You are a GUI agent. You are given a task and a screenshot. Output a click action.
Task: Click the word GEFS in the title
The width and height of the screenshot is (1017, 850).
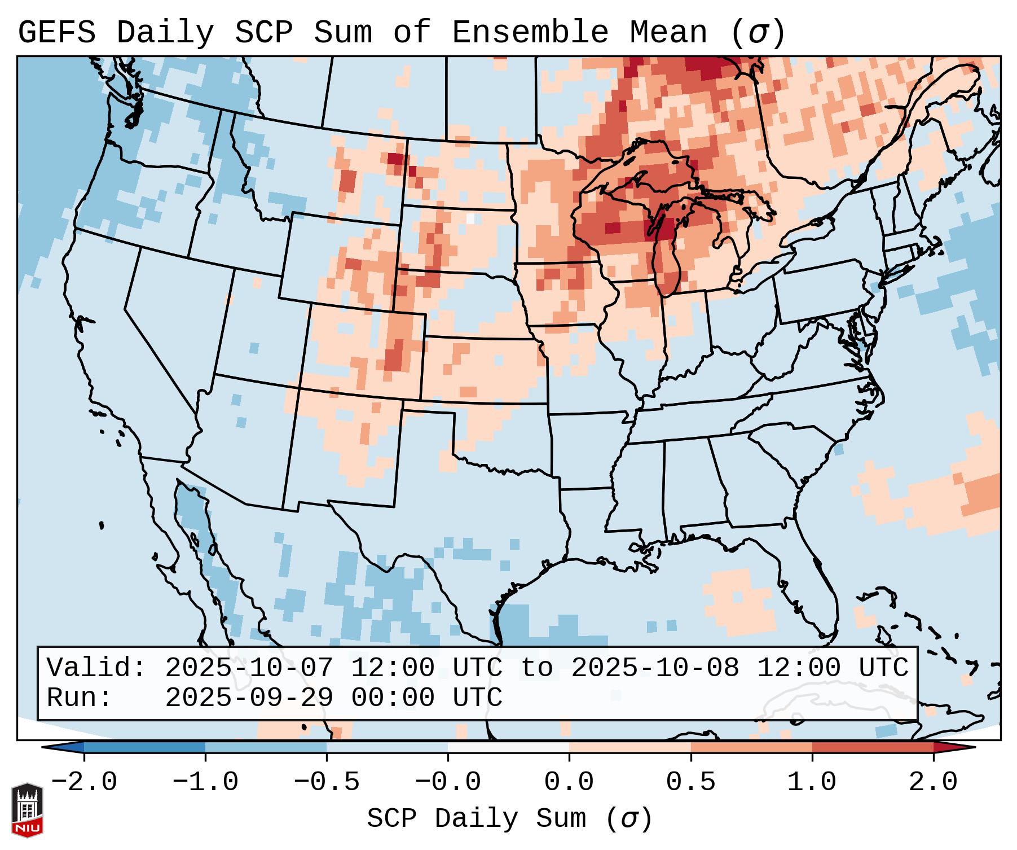56,33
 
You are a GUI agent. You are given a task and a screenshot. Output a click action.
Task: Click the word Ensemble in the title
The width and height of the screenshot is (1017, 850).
530,33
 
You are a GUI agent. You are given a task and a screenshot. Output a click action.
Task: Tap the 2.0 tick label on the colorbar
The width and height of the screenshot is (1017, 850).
933,782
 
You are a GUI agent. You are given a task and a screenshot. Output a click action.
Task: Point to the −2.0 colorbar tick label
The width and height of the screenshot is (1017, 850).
84,782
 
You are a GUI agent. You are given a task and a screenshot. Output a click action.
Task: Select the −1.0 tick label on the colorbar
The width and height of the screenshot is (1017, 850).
205,782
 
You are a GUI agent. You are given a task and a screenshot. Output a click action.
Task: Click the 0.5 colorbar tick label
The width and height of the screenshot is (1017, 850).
690,782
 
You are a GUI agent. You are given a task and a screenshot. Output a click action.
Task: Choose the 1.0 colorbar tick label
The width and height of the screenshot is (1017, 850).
812,782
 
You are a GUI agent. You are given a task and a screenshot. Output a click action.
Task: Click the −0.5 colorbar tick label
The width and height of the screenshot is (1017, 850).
327,782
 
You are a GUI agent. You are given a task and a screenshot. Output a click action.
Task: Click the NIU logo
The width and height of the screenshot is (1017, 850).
27,810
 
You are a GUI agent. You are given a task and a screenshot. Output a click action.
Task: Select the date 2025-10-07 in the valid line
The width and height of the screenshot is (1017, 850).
249,668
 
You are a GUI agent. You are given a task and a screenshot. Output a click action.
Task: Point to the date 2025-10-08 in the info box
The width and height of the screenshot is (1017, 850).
655,668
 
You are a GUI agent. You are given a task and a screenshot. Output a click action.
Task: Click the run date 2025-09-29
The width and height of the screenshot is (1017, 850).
249,698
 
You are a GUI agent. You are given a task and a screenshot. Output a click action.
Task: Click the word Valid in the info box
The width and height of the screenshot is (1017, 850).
96,668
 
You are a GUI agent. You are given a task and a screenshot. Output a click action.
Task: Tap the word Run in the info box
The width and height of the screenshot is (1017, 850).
79,698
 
